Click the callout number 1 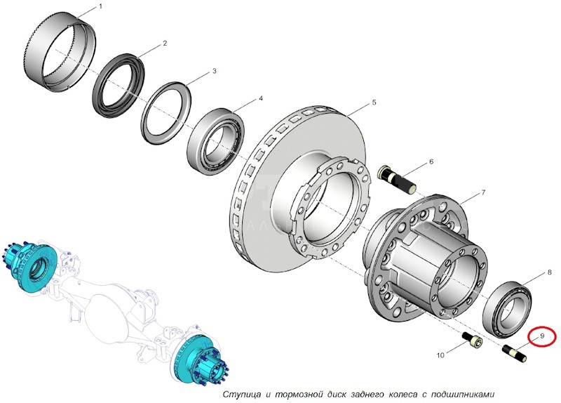click(100, 6)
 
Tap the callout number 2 click(165, 44)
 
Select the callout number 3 click(215, 71)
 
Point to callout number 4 click(261, 98)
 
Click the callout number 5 click(374, 103)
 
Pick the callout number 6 click(431, 162)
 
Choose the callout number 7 click(483, 192)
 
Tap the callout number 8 click(550, 272)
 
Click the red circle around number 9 click(542, 336)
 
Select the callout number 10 click(440, 355)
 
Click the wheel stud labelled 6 click(397, 178)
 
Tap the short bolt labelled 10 click(472, 341)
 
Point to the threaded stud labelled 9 click(515, 353)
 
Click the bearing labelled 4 click(216, 141)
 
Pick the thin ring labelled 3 click(166, 114)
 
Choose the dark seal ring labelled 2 click(119, 85)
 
